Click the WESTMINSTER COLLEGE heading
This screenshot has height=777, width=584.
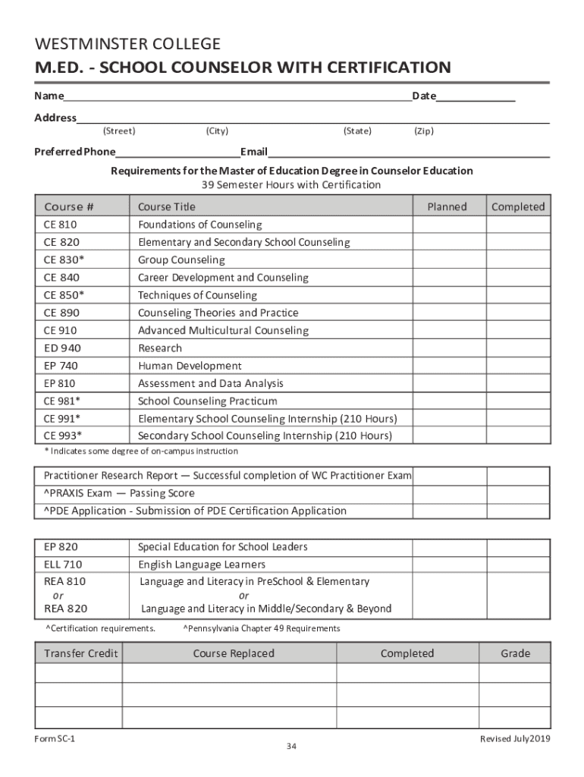(x=127, y=44)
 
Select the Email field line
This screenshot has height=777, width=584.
(x=409, y=153)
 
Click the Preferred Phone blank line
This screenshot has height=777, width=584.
(x=177, y=153)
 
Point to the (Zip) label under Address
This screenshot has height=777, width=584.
(x=423, y=131)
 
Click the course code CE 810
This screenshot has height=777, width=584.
(x=60, y=225)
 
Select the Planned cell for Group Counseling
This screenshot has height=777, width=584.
(x=448, y=260)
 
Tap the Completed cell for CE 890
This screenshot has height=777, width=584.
(x=517, y=313)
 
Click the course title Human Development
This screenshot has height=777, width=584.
(x=190, y=366)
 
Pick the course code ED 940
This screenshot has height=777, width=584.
(x=62, y=348)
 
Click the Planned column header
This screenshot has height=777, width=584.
(x=447, y=206)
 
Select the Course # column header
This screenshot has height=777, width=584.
(x=69, y=206)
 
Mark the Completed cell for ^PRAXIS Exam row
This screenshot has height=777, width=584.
(x=517, y=493)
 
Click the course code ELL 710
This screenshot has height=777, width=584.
(x=63, y=565)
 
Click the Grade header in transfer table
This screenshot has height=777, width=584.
(x=515, y=653)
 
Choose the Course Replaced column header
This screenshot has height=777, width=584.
(x=234, y=653)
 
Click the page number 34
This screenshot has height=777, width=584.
(x=291, y=747)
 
